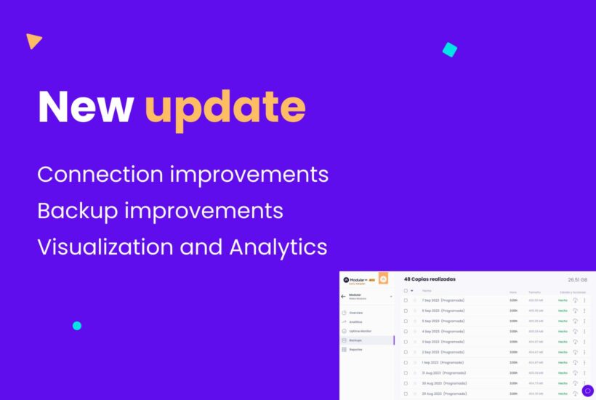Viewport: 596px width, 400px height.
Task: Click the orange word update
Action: coord(225,108)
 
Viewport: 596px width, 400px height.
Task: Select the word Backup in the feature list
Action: coord(77,211)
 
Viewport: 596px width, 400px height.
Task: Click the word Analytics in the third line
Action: coord(278,247)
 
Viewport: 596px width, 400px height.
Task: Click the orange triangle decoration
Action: coord(33,41)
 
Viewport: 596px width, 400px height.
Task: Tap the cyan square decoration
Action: coord(450,49)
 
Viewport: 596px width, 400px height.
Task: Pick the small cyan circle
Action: coord(77,326)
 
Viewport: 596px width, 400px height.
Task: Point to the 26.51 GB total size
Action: coord(577,279)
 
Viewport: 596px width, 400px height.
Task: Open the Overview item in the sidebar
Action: coord(356,313)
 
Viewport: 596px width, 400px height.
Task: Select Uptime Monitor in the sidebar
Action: coord(361,331)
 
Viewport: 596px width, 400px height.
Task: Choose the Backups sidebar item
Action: coord(355,340)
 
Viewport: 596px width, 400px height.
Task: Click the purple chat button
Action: coord(587,391)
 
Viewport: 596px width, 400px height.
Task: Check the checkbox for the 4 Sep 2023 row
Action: coord(406,331)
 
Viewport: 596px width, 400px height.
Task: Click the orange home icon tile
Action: coord(384,279)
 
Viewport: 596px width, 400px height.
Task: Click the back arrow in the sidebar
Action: coord(343,296)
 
